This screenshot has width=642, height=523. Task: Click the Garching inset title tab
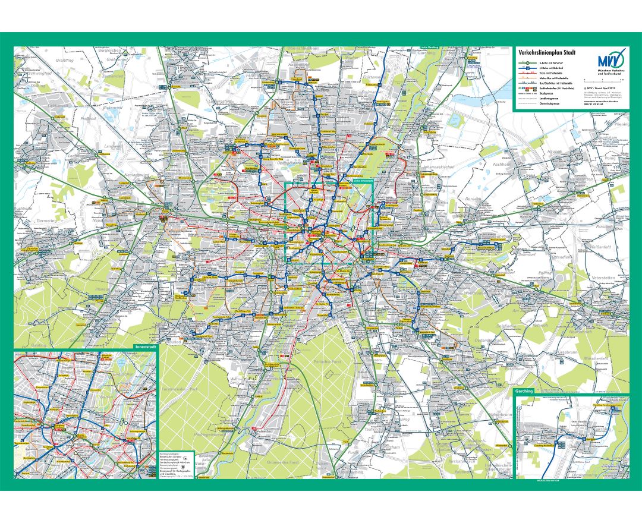click(x=525, y=392)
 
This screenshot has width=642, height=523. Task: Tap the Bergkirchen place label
click(x=109, y=52)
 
